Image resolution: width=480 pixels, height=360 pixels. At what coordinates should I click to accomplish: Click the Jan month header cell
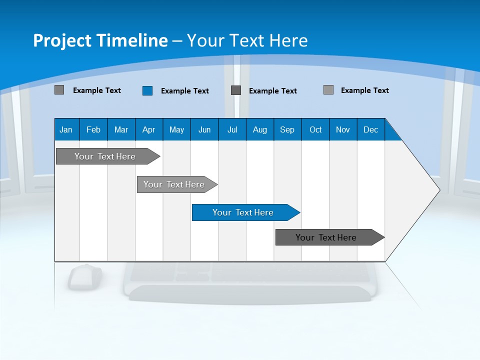pyautogui.click(x=66, y=129)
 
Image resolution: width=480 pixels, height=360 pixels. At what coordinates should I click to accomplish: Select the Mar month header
pyautogui.click(x=121, y=129)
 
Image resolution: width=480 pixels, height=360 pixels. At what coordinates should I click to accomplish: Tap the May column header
pyautogui.click(x=176, y=129)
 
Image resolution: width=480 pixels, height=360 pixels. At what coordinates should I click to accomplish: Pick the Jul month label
pyautogui.click(x=232, y=129)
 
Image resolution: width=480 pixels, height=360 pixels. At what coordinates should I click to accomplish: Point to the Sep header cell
pyautogui.click(x=287, y=129)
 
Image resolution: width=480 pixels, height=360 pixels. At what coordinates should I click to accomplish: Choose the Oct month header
pyautogui.click(x=315, y=129)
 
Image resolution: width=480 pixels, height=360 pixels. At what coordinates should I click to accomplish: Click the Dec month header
pyautogui.click(x=370, y=129)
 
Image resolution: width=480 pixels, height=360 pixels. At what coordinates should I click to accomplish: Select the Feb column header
pyautogui.click(x=93, y=129)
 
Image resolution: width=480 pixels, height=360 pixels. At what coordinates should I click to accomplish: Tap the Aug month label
pyautogui.click(x=259, y=129)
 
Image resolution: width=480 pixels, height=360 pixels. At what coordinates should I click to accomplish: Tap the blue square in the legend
pyautogui.click(x=147, y=90)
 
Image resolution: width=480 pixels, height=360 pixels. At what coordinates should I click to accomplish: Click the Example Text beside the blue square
pyautogui.click(x=184, y=91)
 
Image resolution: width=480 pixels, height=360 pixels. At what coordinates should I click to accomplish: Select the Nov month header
pyautogui.click(x=343, y=129)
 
